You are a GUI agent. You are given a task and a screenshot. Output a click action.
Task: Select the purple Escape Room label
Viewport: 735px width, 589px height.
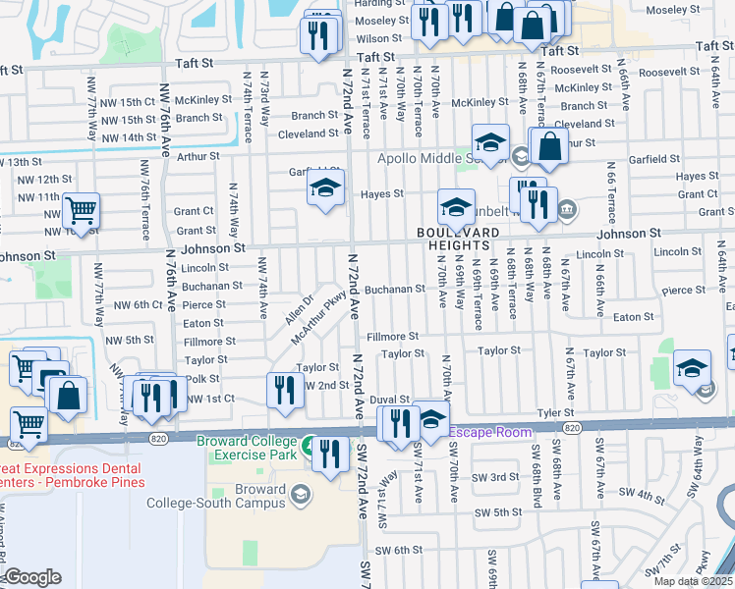pyautogui.click(x=490, y=431)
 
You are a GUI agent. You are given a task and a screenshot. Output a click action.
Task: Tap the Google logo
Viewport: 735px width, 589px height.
pyautogui.click(x=31, y=577)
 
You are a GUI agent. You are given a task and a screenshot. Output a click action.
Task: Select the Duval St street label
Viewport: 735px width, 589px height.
pyautogui.click(x=389, y=401)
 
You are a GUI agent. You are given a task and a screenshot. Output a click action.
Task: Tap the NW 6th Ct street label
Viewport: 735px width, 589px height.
pyautogui.click(x=134, y=305)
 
